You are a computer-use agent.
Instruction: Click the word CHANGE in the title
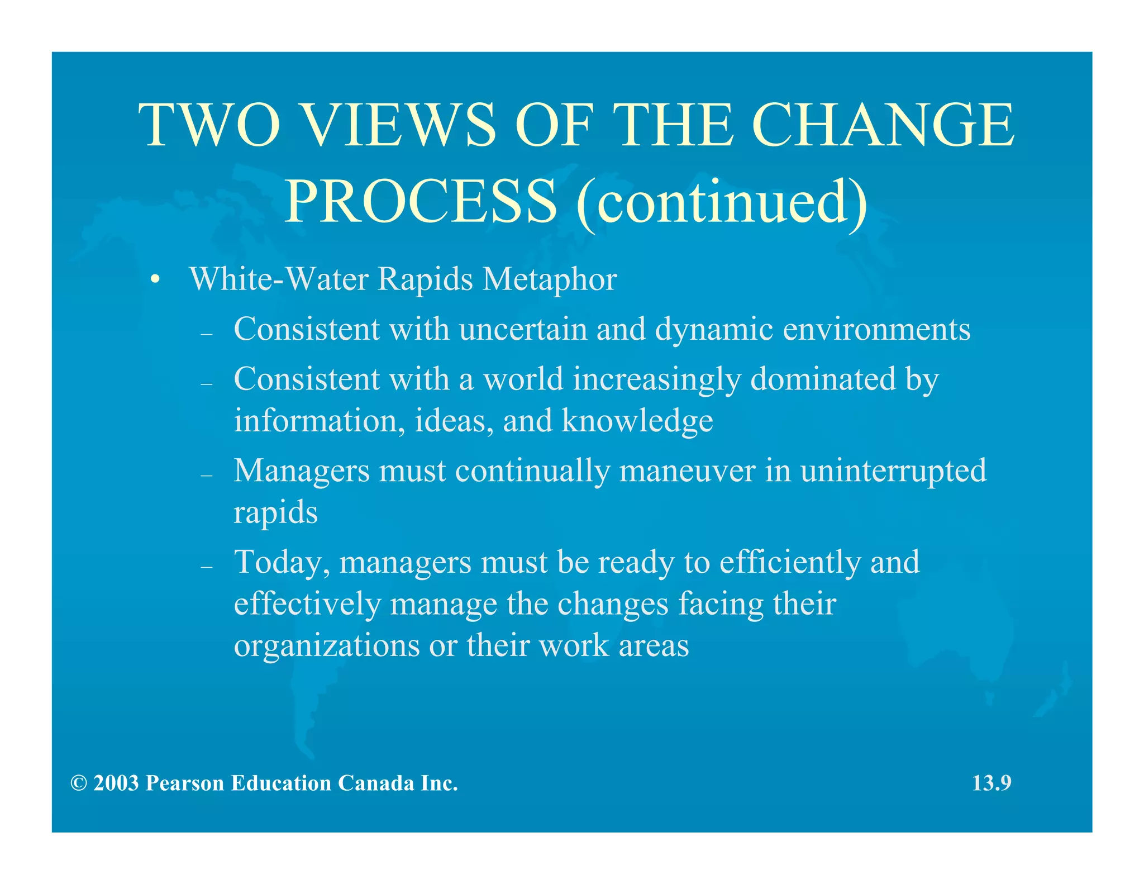[883, 125]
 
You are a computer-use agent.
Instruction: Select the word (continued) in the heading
[721, 202]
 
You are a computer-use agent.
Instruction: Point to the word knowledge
[637, 421]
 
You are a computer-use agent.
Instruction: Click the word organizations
[326, 647]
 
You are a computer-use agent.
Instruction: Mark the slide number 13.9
[992, 783]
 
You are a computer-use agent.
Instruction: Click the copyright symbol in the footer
[79, 783]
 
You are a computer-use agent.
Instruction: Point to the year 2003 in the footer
[116, 783]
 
